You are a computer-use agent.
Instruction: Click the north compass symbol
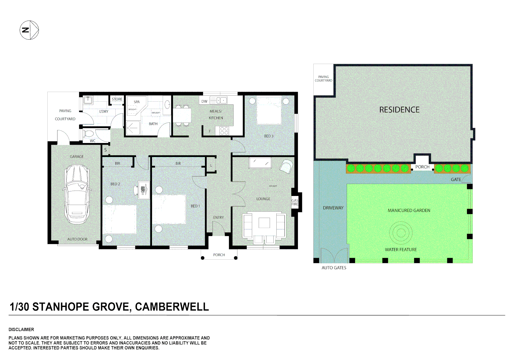coord(29,30)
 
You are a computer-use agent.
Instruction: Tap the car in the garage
coord(77,195)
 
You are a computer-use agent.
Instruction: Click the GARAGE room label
coord(77,157)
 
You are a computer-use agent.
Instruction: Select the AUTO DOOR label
coord(77,239)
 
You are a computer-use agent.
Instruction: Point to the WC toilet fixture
coord(89,134)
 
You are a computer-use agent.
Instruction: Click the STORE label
coord(117,99)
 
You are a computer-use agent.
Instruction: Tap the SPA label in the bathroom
coord(137,102)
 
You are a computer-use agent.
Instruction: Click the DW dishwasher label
coord(204,101)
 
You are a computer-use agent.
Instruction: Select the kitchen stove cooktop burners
coord(224,131)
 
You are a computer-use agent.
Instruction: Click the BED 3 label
coord(269,136)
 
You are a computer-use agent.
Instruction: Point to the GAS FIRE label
coord(295,202)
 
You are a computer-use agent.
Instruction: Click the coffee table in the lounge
coord(264,223)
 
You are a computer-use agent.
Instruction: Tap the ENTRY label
coord(219,218)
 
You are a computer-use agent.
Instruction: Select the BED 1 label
coord(195,206)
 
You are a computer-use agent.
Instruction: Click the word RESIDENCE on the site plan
coord(399,110)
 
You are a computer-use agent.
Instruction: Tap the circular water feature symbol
coord(401,232)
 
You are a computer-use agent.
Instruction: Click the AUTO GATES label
coord(334,268)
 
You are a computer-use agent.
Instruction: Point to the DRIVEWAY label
coord(333,208)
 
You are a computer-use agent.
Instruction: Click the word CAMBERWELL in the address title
coord(172,307)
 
